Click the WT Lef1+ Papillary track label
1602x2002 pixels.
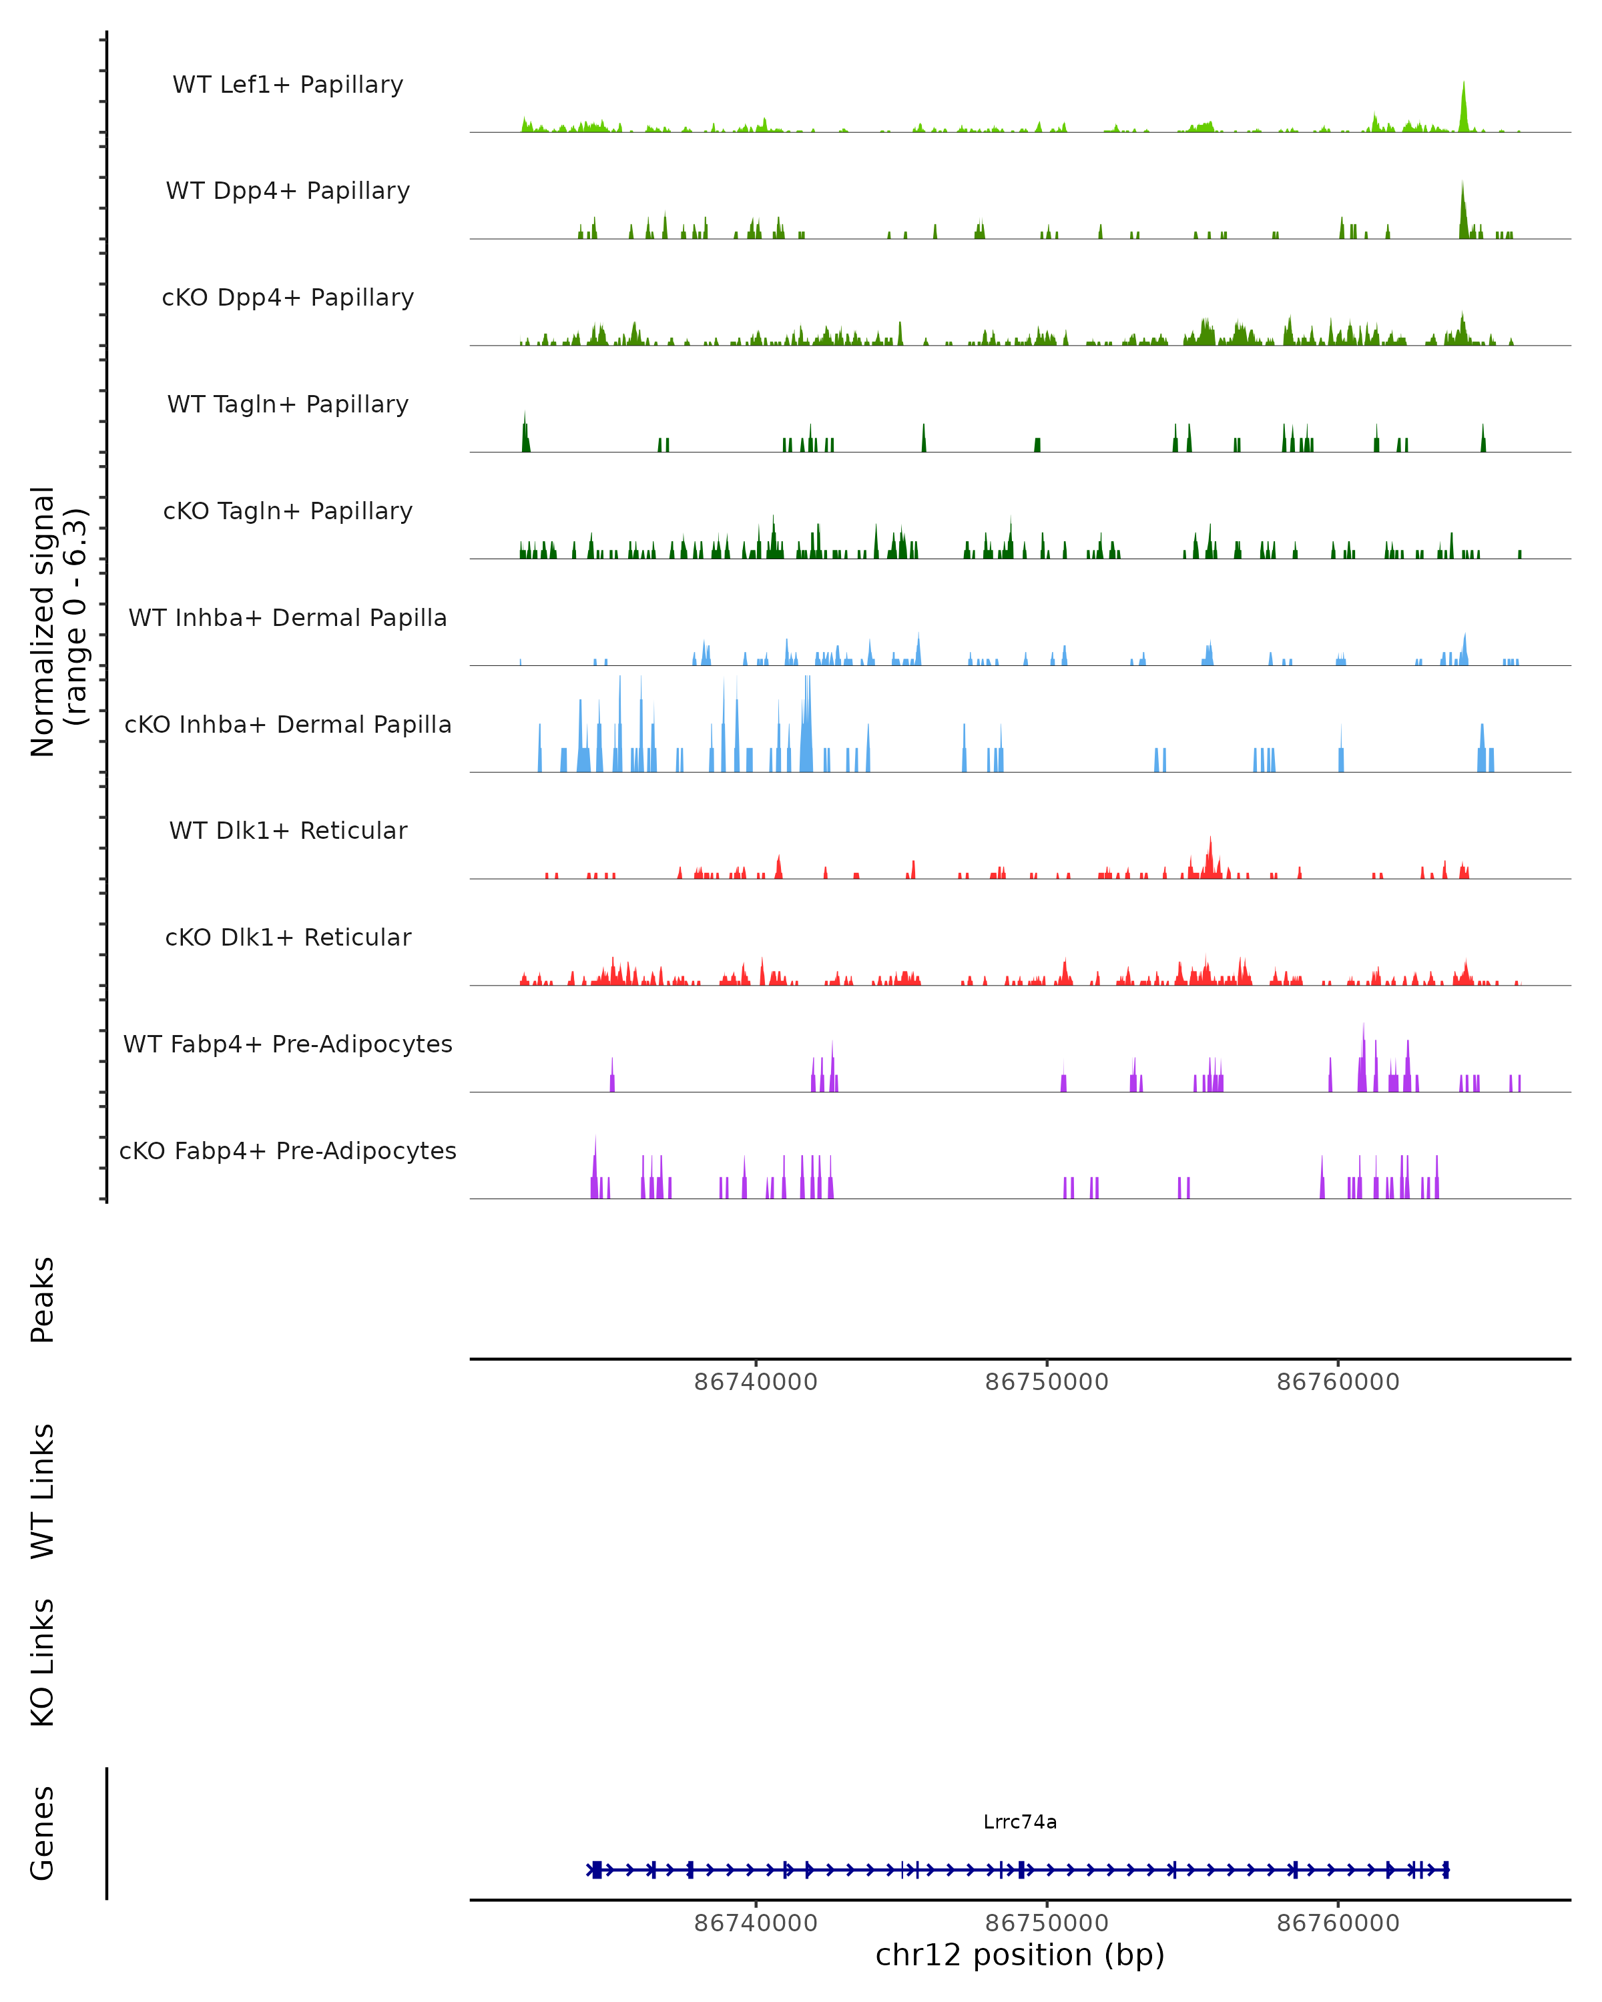pos(288,85)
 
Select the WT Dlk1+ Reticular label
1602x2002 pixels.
pos(288,830)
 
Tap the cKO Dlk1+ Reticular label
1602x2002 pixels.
pos(288,937)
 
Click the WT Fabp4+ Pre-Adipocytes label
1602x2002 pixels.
pos(288,1044)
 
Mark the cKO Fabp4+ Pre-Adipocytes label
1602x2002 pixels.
pos(288,1150)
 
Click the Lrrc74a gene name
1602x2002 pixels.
pos(1020,1822)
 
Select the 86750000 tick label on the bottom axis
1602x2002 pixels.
pos(1047,1923)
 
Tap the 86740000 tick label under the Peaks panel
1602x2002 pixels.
pos(756,1382)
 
